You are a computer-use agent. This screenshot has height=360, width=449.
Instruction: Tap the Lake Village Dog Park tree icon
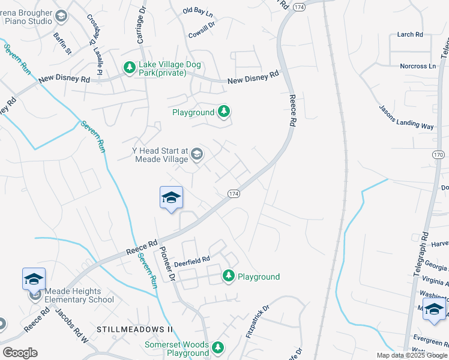click(x=129, y=68)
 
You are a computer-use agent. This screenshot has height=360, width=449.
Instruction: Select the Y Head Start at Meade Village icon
click(x=196, y=155)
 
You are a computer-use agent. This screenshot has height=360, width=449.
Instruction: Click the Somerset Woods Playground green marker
click(x=219, y=348)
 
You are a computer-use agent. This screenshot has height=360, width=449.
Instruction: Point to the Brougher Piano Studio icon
click(x=61, y=16)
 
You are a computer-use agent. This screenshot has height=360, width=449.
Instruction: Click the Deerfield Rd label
click(x=192, y=259)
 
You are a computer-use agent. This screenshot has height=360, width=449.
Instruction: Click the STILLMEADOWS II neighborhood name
click(x=134, y=330)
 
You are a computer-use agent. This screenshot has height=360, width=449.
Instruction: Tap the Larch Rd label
click(x=410, y=35)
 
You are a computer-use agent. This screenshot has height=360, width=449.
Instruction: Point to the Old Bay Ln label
click(x=197, y=11)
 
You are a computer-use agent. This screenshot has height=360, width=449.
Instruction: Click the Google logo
click(x=20, y=353)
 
